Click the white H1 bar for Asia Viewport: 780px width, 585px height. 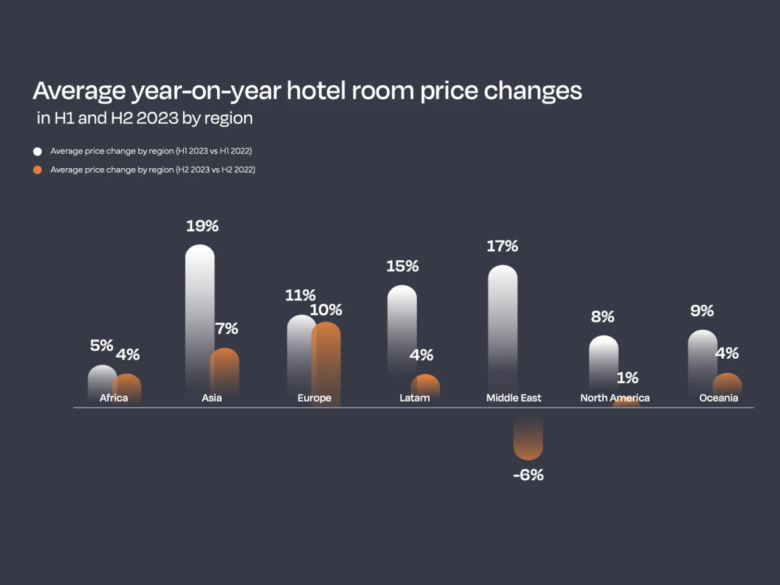click(x=199, y=312)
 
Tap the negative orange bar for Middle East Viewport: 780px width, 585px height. click(x=528, y=440)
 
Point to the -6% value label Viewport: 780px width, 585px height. click(x=528, y=475)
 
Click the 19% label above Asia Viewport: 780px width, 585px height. click(x=202, y=226)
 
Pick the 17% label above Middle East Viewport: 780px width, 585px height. click(x=502, y=246)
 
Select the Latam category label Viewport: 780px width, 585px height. click(x=415, y=398)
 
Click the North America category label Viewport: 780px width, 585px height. click(x=615, y=398)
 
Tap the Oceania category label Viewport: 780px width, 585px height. click(x=718, y=398)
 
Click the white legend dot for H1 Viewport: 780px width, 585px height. click(x=37, y=152)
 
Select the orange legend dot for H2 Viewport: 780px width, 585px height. click(x=37, y=170)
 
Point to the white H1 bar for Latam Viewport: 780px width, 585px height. click(x=402, y=329)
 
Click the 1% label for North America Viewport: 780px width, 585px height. click(x=627, y=378)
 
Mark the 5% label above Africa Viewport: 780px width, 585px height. click(x=101, y=345)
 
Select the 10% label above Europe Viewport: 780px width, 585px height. click(x=326, y=310)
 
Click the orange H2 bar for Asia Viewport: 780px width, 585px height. click(x=225, y=370)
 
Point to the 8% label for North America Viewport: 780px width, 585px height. click(x=602, y=317)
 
